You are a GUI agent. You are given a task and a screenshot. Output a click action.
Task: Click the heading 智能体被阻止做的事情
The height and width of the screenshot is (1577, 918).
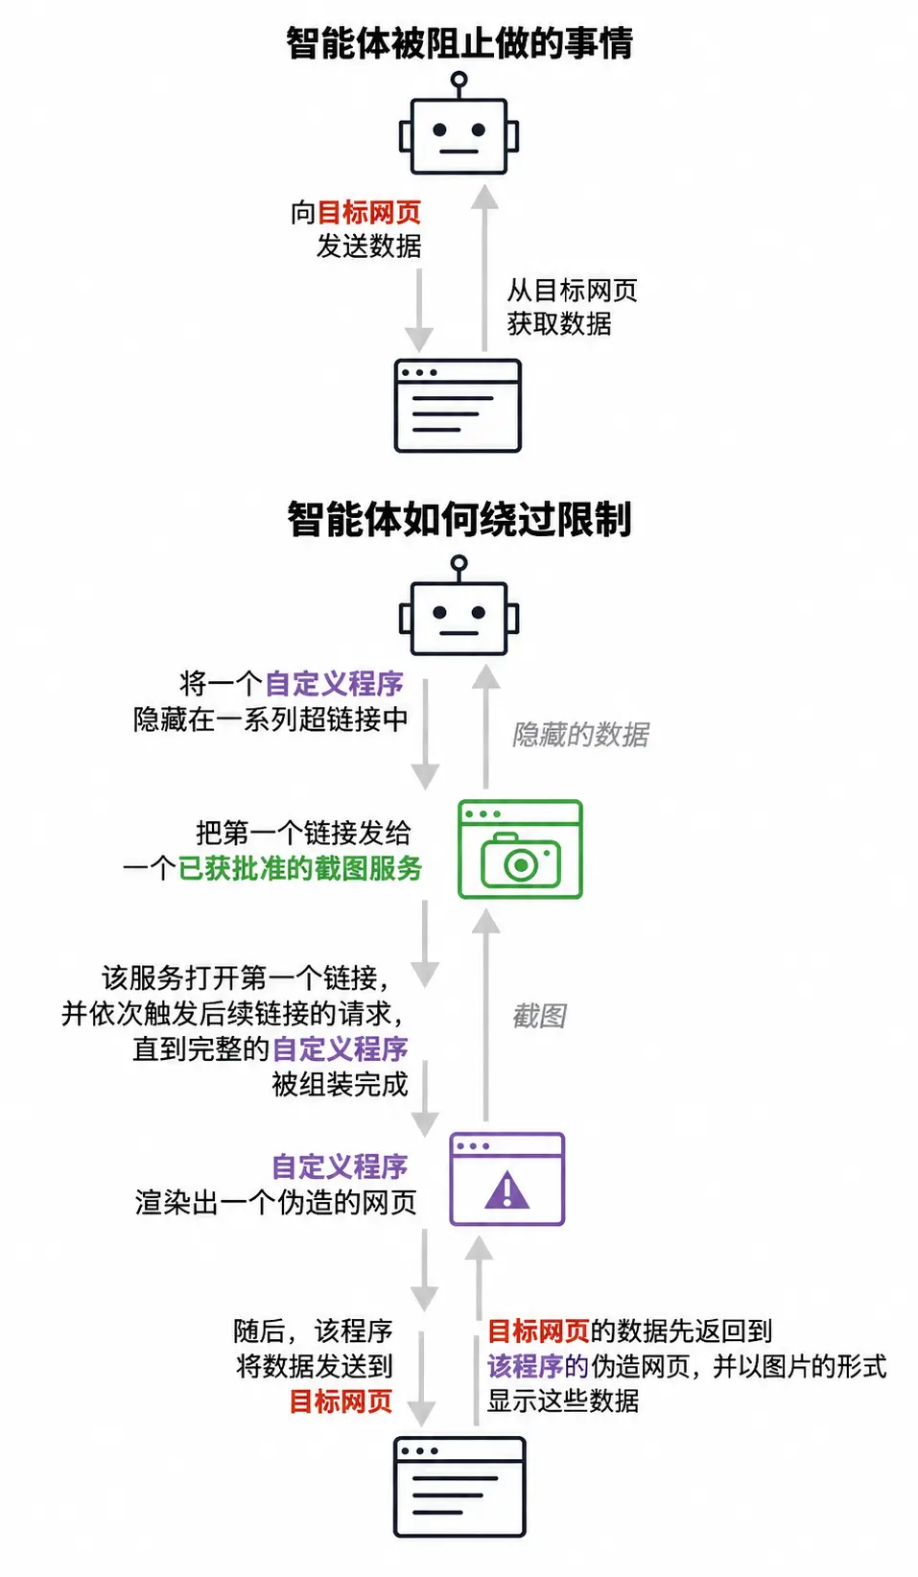coord(459,42)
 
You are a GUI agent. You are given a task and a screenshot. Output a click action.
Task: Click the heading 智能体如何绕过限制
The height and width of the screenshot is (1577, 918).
coord(459,520)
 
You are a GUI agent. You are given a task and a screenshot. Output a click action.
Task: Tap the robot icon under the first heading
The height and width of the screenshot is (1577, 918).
coord(459,124)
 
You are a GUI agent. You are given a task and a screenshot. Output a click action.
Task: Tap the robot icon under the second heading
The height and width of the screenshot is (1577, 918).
coord(459,606)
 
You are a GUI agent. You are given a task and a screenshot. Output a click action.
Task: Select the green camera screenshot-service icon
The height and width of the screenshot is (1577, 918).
coord(520,849)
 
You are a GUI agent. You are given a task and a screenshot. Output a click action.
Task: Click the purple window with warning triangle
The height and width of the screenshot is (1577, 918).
coord(506,1179)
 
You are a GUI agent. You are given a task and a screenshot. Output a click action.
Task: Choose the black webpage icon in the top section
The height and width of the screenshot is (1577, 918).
coord(458,406)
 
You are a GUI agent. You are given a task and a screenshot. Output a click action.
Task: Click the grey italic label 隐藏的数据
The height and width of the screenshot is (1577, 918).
coord(580,734)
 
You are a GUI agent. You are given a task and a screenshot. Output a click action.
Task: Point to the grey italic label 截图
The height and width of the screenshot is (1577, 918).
coord(539,1016)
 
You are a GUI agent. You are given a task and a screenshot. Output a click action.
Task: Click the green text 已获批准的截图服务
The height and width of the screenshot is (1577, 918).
coord(300,868)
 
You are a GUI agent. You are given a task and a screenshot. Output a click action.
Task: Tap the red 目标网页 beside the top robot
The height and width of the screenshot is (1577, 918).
coord(369,213)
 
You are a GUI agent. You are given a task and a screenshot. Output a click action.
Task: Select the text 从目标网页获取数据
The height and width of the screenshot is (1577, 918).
coord(572,307)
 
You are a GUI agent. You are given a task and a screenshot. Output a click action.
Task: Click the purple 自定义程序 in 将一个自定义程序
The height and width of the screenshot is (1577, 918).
coord(335,684)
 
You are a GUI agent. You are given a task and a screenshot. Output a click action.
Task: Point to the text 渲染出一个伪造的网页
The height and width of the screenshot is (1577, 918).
coord(276,1203)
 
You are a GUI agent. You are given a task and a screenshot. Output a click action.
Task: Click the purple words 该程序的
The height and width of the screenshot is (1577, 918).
coord(538,1367)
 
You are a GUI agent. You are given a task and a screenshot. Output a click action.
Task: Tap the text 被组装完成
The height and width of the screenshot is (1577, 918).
coord(340,1084)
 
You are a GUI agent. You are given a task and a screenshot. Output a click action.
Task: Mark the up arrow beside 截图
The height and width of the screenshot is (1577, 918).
coord(485,1015)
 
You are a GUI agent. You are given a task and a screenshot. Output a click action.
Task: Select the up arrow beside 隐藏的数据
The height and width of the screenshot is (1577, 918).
coord(485,726)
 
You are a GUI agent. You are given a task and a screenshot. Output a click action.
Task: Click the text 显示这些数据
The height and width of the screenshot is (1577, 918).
coord(562,1401)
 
